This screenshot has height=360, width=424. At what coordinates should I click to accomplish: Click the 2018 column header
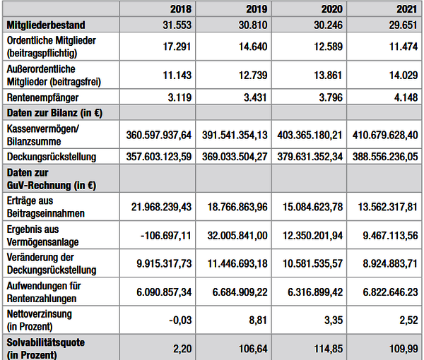181,9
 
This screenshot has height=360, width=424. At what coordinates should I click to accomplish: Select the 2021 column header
407,9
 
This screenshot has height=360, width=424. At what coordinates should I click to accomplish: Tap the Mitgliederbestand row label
46,25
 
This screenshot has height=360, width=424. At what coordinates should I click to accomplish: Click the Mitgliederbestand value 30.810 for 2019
253,25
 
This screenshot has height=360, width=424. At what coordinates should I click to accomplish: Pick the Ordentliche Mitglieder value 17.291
177,47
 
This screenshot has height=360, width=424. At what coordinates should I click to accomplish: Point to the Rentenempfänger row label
42,97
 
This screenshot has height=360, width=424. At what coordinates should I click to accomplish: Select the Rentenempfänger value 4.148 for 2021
406,97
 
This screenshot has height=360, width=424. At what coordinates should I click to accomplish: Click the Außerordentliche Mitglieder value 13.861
328,75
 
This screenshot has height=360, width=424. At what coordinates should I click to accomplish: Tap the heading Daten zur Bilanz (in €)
54,113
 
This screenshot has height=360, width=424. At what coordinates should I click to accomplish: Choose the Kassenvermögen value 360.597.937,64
159,135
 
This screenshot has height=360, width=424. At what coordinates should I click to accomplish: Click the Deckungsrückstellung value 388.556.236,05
385,157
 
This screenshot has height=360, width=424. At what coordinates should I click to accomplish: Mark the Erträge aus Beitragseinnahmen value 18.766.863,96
237,207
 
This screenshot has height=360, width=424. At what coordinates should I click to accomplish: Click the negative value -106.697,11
166,236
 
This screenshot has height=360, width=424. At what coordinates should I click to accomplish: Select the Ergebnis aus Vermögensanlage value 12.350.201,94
312,236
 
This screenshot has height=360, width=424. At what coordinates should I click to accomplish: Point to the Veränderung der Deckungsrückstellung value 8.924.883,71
390,263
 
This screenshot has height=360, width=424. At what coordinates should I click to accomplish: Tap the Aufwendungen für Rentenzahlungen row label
44,292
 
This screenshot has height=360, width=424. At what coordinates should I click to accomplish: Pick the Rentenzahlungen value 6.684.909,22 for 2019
240,292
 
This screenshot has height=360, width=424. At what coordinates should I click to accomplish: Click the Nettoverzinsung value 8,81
258,320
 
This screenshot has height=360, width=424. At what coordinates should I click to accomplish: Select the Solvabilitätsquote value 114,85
329,349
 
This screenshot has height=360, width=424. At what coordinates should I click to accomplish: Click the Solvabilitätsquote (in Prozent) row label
46,349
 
